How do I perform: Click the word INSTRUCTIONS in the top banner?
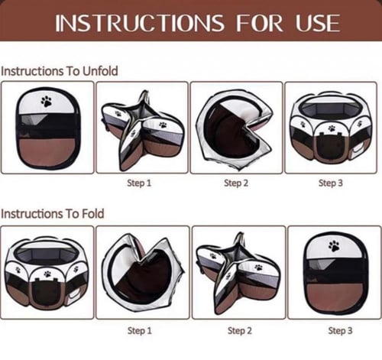[x=140, y=23]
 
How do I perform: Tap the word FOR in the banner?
[x=259, y=23]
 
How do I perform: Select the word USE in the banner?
[x=318, y=23]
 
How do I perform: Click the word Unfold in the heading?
[x=100, y=71]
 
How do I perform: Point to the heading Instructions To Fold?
[x=53, y=213]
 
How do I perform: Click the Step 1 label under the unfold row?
[x=139, y=183]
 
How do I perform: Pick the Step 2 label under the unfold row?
[x=236, y=183]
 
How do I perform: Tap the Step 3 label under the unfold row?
[x=331, y=183]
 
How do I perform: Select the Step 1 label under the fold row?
[x=140, y=331]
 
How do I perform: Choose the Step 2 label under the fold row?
[x=240, y=331]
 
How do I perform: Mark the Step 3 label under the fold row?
[x=340, y=331]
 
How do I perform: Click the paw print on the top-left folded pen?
[x=47, y=101]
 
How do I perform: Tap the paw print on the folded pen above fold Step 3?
[x=335, y=246]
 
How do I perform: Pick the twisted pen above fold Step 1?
[x=143, y=272]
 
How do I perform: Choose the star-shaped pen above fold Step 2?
[x=238, y=274]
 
